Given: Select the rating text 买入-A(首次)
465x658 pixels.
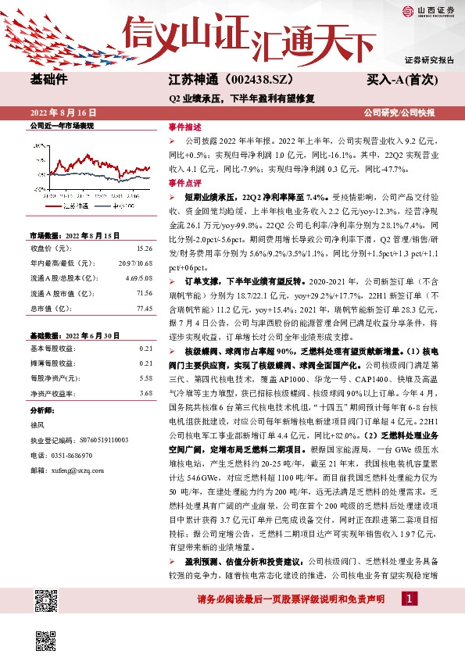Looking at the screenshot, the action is (402, 80).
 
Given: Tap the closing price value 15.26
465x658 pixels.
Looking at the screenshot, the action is (145, 248).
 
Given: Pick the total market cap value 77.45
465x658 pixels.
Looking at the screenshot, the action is (144, 309).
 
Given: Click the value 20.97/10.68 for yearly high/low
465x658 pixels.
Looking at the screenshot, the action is (137, 263).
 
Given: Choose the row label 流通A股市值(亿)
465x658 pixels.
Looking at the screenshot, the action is (56, 294).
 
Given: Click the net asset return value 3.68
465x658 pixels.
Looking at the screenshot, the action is (145, 393).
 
